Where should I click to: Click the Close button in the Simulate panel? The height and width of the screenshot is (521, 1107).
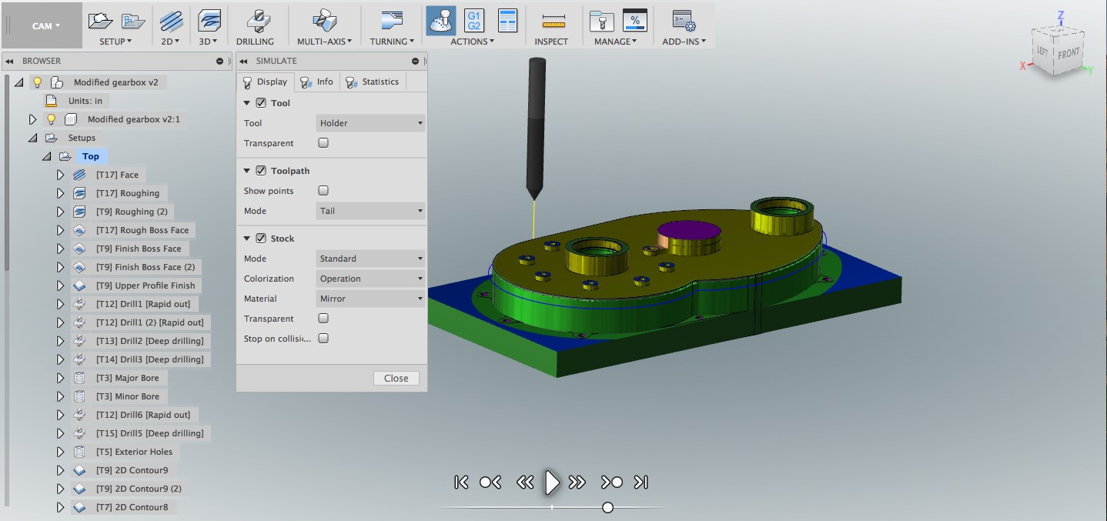click(x=396, y=378)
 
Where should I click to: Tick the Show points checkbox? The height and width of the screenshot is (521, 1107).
click(x=323, y=191)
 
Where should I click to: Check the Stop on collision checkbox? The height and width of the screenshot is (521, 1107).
click(x=323, y=339)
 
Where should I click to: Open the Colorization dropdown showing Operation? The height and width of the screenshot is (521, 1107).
click(x=370, y=279)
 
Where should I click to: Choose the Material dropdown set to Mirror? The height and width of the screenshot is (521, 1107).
click(x=370, y=299)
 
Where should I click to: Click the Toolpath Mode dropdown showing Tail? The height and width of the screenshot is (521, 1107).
click(x=370, y=211)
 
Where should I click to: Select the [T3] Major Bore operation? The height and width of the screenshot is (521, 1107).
click(x=127, y=378)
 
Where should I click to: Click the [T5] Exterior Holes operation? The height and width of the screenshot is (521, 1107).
click(x=134, y=452)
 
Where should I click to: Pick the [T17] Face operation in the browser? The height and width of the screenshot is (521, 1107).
click(x=117, y=175)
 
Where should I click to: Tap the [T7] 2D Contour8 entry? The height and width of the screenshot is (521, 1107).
click(x=132, y=507)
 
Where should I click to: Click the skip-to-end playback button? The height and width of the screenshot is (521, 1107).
click(x=640, y=482)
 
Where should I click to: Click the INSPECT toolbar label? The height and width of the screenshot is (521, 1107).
click(x=551, y=42)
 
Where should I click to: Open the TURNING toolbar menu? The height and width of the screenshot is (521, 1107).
click(x=391, y=42)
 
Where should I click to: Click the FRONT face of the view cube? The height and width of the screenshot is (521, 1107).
click(x=1068, y=54)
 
